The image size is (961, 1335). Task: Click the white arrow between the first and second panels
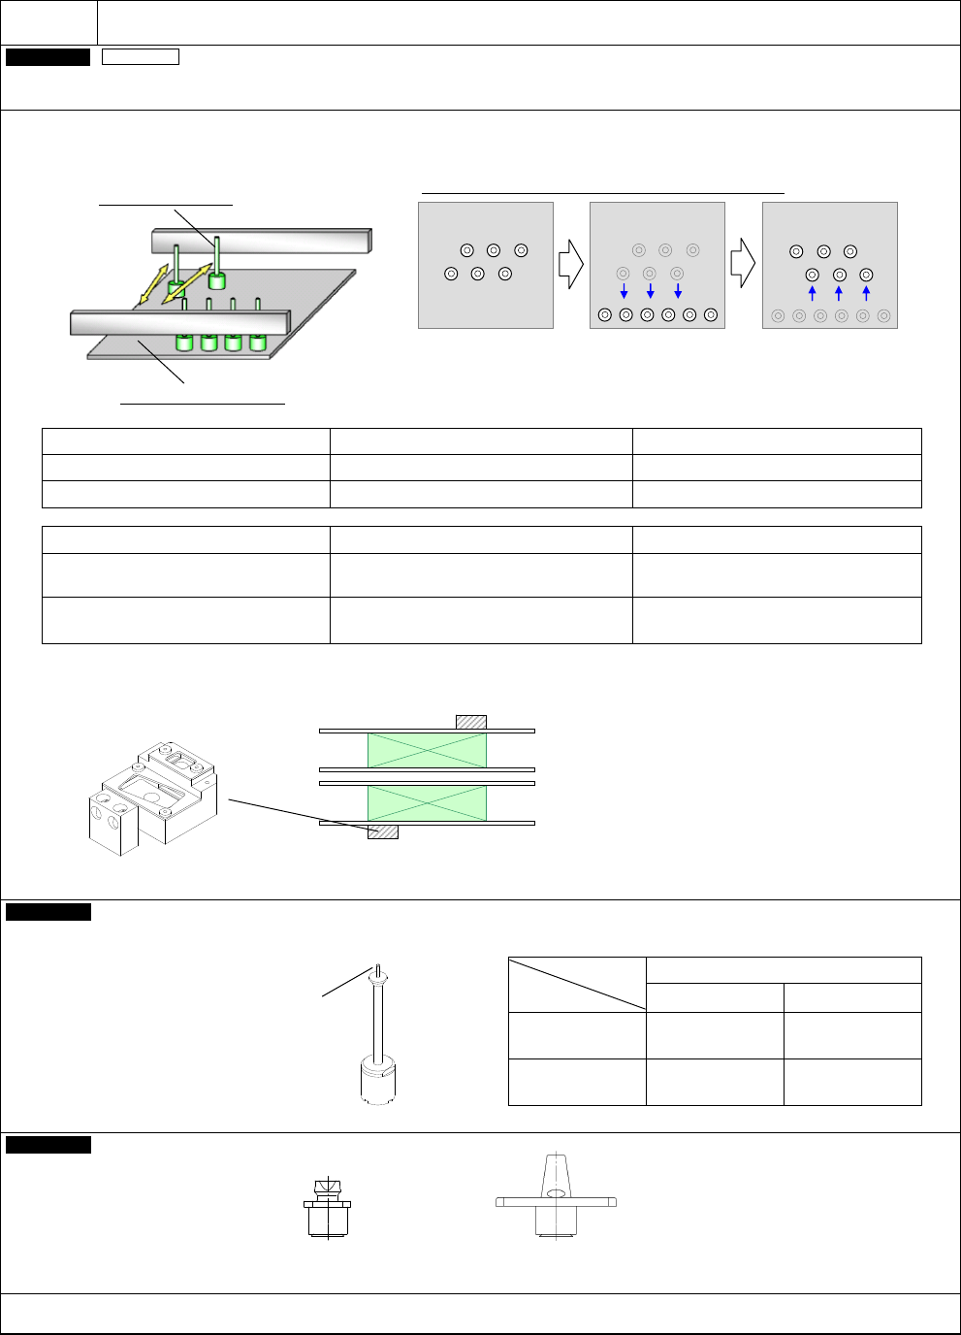click(571, 265)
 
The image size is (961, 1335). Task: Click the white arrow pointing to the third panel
click(744, 265)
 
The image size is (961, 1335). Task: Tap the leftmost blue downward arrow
click(624, 291)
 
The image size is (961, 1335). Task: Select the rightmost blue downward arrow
click(678, 291)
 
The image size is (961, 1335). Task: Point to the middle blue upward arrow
click(839, 293)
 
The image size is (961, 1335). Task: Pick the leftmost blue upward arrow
click(813, 293)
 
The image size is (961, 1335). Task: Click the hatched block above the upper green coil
click(471, 722)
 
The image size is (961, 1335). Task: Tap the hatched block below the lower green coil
click(383, 831)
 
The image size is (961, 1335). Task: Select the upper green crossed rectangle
click(427, 750)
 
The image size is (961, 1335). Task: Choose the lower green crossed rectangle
click(427, 803)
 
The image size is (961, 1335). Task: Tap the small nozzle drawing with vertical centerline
click(328, 1209)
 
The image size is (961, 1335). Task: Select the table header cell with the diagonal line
click(577, 984)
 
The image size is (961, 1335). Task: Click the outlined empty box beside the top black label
click(141, 56)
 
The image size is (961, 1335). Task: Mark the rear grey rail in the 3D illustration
click(262, 240)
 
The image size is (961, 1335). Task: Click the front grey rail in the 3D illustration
click(180, 322)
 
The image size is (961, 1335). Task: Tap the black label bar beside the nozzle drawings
click(48, 1145)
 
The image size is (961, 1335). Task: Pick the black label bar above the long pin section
click(48, 912)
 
